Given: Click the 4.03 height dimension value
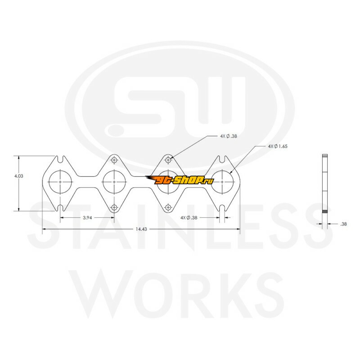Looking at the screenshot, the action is tap(18, 176).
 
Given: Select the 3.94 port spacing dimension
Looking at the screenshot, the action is tap(87, 218).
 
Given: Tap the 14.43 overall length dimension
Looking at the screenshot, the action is tap(141, 229).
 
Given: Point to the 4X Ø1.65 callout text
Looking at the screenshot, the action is tap(278, 146).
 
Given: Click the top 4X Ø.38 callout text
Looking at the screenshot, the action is tap(229, 136).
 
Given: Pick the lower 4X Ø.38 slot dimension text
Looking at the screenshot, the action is tap(189, 218).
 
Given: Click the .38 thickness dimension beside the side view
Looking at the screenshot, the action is tap(343, 224).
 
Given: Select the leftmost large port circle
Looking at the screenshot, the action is tap(49, 182).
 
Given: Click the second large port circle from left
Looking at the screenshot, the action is tap(103, 182).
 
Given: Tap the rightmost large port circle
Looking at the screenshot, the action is tap(211, 182).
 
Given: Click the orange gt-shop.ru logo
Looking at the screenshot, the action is tap(179, 180).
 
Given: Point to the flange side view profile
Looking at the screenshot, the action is tap(324, 184).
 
